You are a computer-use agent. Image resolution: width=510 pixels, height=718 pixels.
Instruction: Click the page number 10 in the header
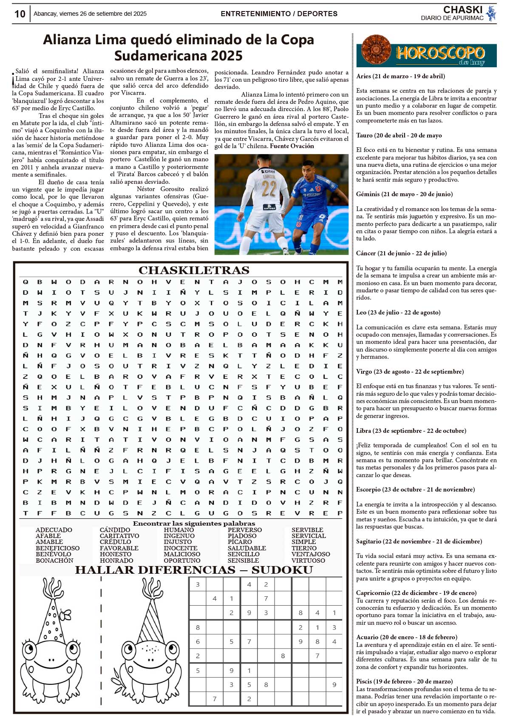tap(20, 14)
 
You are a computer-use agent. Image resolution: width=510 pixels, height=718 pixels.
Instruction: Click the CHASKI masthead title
tap(462, 10)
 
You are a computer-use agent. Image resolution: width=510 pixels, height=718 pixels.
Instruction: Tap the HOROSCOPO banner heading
tap(440, 53)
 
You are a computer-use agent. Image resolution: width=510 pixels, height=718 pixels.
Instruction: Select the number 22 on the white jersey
tap(269, 188)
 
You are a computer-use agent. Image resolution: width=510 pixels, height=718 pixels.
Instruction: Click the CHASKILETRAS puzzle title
tap(194, 270)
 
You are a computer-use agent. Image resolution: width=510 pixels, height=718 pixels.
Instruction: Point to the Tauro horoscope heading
tap(399, 135)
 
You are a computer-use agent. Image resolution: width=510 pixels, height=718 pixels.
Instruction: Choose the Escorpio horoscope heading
tap(415, 489)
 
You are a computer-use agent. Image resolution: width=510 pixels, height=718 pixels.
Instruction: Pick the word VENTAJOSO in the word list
tap(310, 554)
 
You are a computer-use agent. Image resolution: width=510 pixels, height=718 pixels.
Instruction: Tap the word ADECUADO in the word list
tap(54, 530)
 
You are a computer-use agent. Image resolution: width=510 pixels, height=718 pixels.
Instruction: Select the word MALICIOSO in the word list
tap(182, 554)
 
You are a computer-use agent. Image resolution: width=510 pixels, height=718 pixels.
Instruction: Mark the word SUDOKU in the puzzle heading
tap(282, 570)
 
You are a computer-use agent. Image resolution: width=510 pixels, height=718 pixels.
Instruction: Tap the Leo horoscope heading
tap(398, 312)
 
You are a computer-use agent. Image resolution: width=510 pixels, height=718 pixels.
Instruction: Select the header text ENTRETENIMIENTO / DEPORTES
tap(279, 14)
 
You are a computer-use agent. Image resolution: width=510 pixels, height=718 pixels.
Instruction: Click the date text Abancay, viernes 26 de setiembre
tap(90, 14)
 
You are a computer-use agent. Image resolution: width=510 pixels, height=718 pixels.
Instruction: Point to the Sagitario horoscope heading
tap(419, 541)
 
